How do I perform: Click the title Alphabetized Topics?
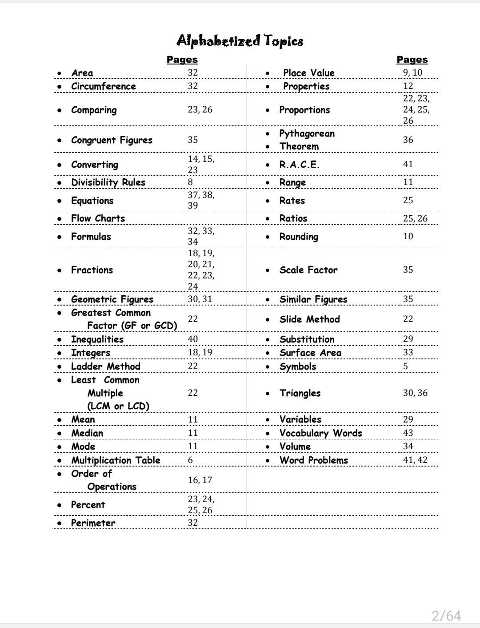pos(240,40)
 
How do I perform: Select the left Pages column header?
pos(182,59)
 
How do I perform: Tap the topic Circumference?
pos(104,86)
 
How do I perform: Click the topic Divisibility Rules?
pos(108,182)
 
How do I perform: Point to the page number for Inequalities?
pos(193,339)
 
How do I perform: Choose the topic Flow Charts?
pos(98,218)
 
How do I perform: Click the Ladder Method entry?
pos(105,366)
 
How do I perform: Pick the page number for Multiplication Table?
pos(191,460)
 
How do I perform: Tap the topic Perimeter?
pos(93,523)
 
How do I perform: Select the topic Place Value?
pos(308,73)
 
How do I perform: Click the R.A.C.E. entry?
pos(299,165)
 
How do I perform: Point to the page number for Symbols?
pos(405,366)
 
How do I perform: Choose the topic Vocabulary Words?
pos(320,433)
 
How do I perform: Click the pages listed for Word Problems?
pos(415,460)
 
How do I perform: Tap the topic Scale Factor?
pos(308,270)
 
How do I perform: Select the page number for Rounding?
pos(408,236)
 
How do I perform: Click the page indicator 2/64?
pos(446,616)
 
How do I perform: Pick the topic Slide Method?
pos(309,319)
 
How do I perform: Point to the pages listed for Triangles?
pos(415,393)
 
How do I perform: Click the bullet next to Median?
pos(60,433)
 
